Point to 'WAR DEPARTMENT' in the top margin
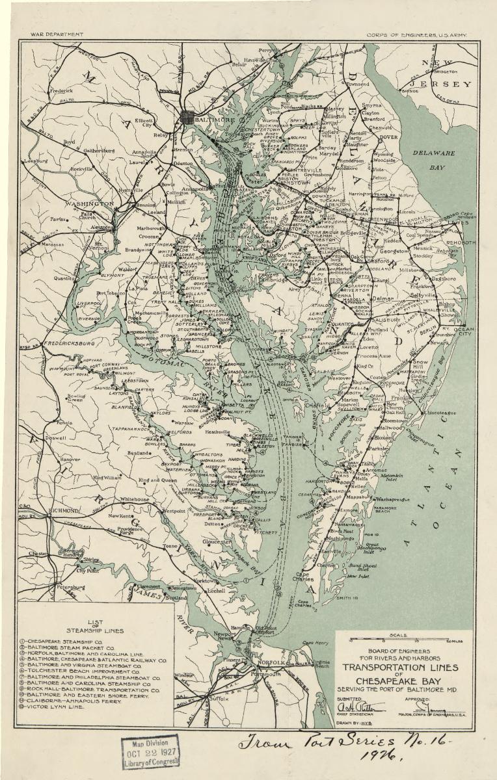point(57,34)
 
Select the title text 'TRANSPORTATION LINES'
point(400,667)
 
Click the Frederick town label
point(61,91)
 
